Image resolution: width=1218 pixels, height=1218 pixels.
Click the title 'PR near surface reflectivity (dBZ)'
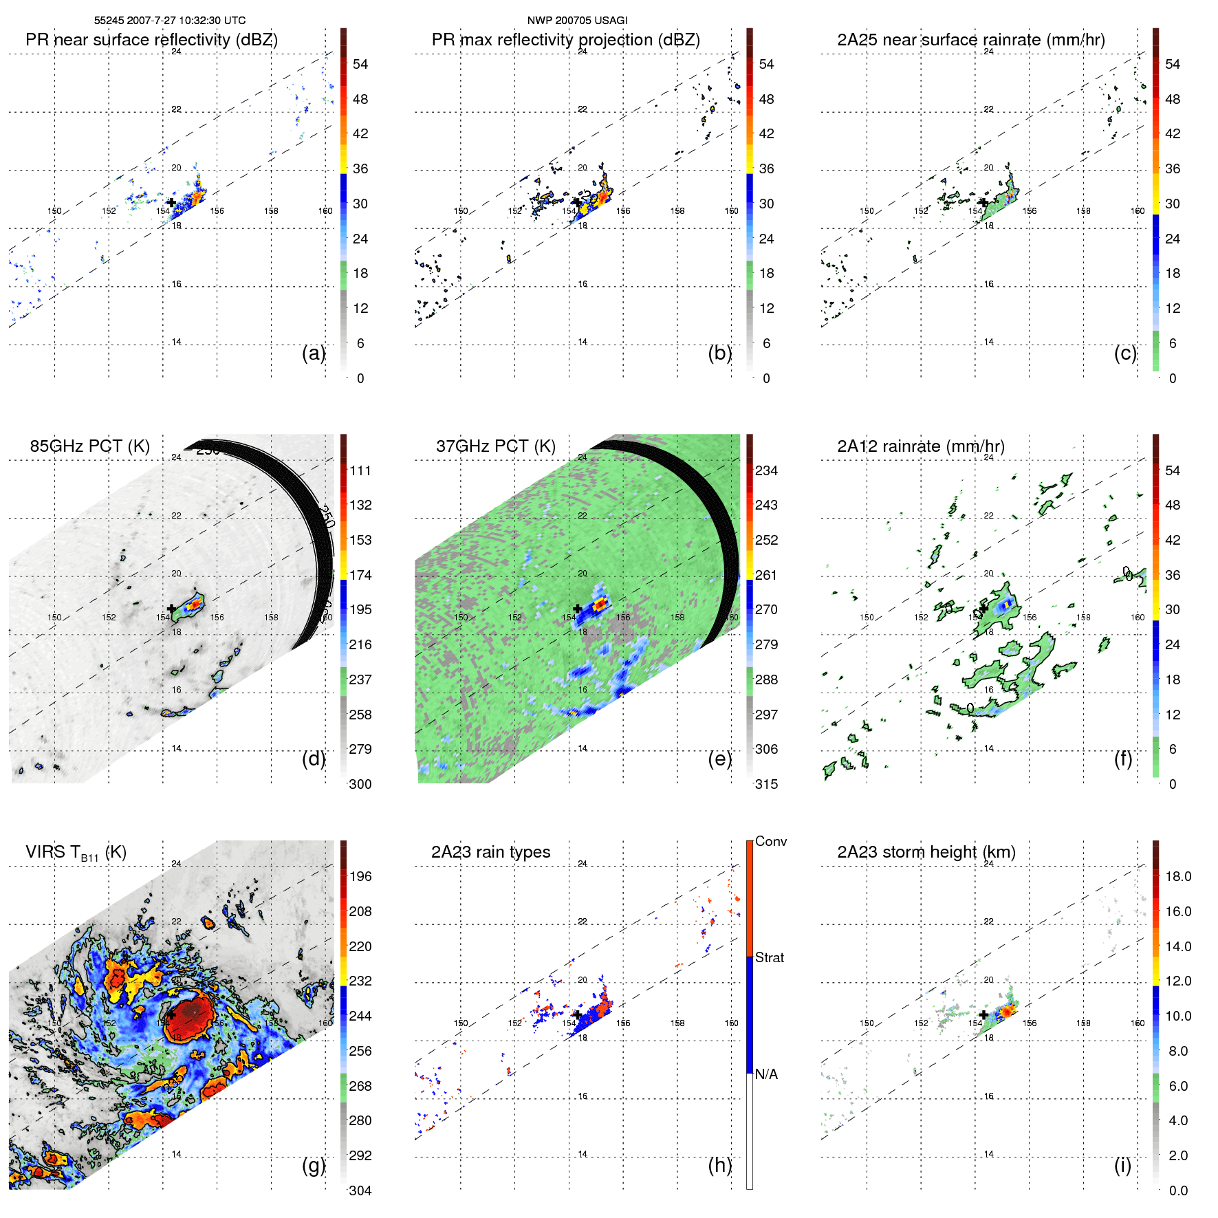pyautogui.click(x=151, y=40)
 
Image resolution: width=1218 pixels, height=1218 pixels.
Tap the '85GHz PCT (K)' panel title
pyautogui.click(x=89, y=446)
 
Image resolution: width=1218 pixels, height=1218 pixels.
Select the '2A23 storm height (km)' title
pyautogui.click(x=926, y=852)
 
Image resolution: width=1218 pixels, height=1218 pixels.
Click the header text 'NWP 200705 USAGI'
pyautogui.click(x=577, y=21)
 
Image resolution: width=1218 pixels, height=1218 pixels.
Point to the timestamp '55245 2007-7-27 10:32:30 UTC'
pyautogui.click(x=170, y=21)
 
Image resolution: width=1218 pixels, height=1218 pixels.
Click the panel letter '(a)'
pyautogui.click(x=314, y=354)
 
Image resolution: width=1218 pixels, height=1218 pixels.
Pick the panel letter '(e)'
pyautogui.click(x=719, y=759)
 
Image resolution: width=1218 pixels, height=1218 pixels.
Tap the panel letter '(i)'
pyautogui.click(x=1122, y=1165)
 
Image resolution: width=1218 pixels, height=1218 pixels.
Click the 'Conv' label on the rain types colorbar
pyautogui.click(x=771, y=842)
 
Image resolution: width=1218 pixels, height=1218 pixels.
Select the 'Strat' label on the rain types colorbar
pyautogui.click(x=770, y=958)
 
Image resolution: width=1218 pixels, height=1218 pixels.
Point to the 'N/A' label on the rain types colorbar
pyautogui.click(x=766, y=1074)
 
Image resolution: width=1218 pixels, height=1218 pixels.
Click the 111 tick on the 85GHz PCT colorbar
pyautogui.click(x=360, y=471)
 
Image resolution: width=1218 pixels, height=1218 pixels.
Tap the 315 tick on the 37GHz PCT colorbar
pyautogui.click(x=766, y=785)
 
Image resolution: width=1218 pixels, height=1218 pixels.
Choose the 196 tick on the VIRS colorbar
pyautogui.click(x=360, y=877)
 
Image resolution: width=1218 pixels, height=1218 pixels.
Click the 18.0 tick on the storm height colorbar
pyautogui.click(x=1178, y=877)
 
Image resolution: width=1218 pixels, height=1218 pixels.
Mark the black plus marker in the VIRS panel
pyautogui.click(x=171, y=1014)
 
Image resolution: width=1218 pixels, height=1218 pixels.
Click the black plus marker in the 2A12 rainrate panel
pyautogui.click(x=983, y=609)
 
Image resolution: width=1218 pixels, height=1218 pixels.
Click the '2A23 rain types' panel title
pyautogui.click(x=490, y=852)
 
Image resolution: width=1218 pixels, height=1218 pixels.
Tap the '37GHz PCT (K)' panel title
pyautogui.click(x=495, y=446)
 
